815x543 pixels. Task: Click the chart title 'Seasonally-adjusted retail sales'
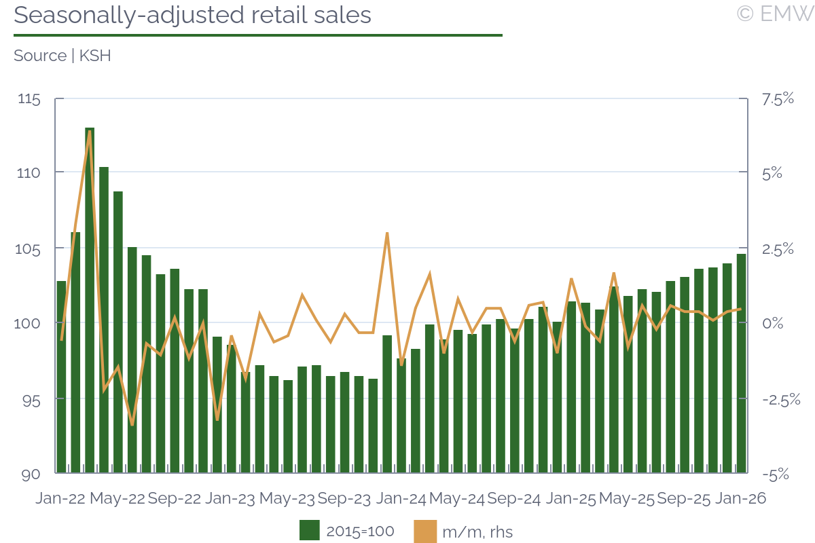pyautogui.click(x=192, y=15)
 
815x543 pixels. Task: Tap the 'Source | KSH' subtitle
pyautogui.click(x=62, y=56)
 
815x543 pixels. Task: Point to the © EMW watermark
pyautogui.click(x=774, y=14)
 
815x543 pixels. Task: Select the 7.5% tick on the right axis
pyautogui.click(x=777, y=99)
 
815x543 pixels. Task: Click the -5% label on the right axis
pyautogui.click(x=775, y=474)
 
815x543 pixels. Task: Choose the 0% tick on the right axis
pyautogui.click(x=772, y=323)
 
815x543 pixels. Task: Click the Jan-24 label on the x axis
pyautogui.click(x=401, y=499)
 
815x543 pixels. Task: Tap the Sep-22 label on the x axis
pyautogui.click(x=175, y=499)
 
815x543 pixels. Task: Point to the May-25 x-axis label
pyautogui.click(x=628, y=499)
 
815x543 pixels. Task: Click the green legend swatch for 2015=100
pyautogui.click(x=310, y=531)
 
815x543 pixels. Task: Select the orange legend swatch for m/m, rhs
pyautogui.click(x=424, y=531)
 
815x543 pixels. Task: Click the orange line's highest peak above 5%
pyautogui.click(x=90, y=132)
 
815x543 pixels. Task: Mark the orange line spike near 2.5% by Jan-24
pyautogui.click(x=386, y=233)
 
